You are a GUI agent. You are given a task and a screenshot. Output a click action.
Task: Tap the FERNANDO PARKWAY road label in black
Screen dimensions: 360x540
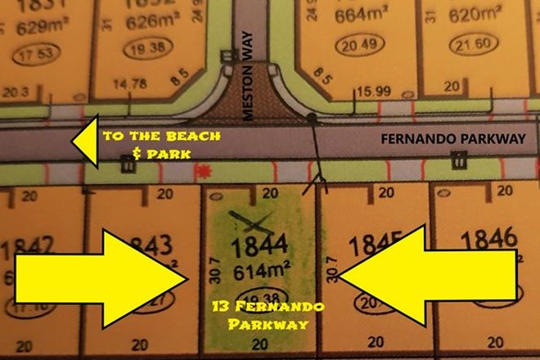452,139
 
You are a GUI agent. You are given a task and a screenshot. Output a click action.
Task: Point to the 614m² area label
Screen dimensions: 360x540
252,272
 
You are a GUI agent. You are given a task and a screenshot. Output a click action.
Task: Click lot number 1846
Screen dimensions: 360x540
488,238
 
